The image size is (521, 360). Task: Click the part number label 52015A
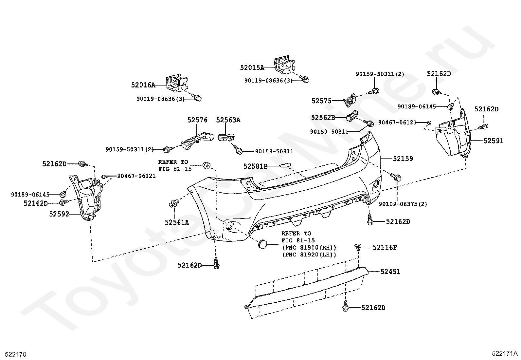click(252, 68)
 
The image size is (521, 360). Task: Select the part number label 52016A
click(143, 85)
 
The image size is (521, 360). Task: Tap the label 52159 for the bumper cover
click(403, 159)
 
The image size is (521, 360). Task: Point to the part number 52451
click(390, 272)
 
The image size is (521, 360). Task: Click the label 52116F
click(385, 248)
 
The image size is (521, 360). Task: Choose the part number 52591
click(493, 141)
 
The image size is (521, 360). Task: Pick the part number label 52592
click(59, 214)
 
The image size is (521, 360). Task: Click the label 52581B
click(255, 166)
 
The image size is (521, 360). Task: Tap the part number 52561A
click(177, 222)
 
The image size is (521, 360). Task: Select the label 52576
click(197, 120)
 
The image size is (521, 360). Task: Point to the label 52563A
click(228, 120)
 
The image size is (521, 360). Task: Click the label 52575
click(321, 101)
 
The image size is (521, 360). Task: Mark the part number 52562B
click(323, 117)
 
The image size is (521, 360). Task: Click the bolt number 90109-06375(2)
click(403, 204)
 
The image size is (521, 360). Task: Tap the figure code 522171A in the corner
click(504, 353)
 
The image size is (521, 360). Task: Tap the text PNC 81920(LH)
click(309, 255)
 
